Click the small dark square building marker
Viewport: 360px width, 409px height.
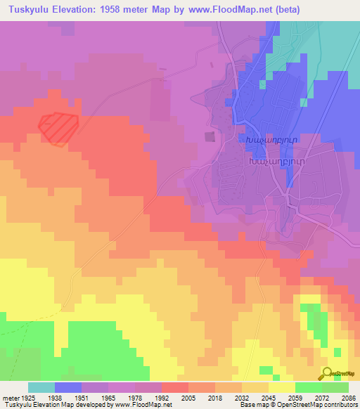[209, 136]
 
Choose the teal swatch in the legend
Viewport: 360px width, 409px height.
[41, 387]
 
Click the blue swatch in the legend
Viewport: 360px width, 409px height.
[67, 387]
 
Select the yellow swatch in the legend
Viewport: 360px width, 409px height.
[281, 387]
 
